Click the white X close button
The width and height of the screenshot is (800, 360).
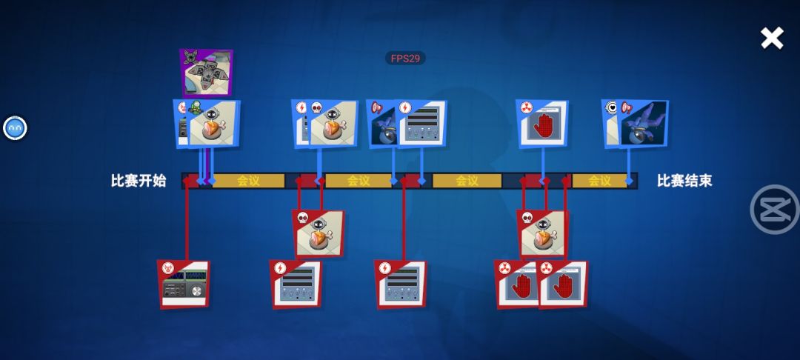point(772,39)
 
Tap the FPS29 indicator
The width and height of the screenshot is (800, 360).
point(405,58)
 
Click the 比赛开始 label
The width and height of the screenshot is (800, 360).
point(139,181)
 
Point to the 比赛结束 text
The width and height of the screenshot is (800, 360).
point(684,181)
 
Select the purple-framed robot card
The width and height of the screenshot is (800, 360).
point(206,73)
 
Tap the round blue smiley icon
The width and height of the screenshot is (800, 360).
point(15,128)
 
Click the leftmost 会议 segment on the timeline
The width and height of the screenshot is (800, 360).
point(248,181)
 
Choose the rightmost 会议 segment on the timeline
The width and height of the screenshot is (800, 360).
point(599,181)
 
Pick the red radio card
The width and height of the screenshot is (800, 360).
point(184,284)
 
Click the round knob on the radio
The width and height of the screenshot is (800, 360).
point(196,291)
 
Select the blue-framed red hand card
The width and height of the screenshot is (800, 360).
point(541,124)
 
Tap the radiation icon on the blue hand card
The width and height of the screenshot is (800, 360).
point(526,107)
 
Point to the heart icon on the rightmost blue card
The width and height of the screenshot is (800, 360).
point(611,107)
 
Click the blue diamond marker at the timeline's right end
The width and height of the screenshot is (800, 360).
point(629,181)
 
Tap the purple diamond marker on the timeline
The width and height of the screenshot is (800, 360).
point(205,181)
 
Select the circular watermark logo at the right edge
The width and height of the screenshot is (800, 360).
point(773,209)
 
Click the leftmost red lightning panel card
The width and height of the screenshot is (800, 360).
point(296,284)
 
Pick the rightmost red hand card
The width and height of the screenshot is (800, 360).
point(563,284)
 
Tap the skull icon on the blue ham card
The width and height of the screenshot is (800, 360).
point(316,107)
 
